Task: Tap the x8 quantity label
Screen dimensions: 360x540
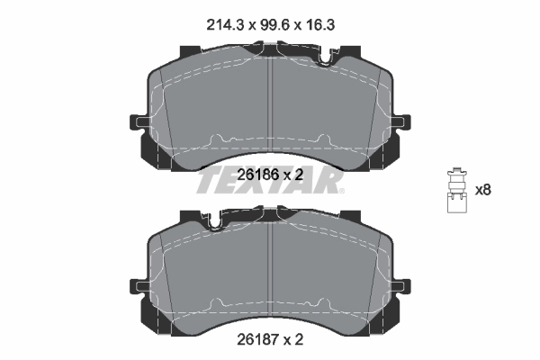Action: (x=483, y=190)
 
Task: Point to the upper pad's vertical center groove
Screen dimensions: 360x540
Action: (x=271, y=103)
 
